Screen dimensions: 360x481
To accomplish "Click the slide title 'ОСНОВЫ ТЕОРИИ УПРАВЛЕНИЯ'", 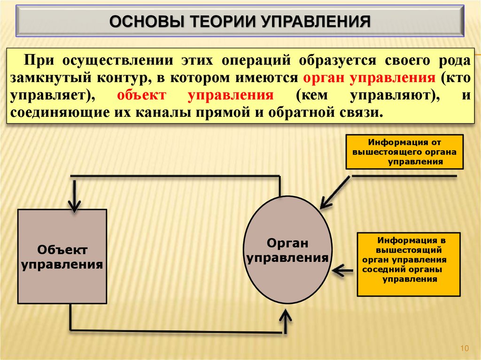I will [x=240, y=22].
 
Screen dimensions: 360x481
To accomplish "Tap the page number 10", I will [x=465, y=348].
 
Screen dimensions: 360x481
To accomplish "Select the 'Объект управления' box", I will [x=62, y=256].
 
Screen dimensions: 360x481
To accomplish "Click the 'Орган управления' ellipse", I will [x=287, y=250].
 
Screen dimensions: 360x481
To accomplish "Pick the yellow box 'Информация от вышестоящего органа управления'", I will [x=404, y=152].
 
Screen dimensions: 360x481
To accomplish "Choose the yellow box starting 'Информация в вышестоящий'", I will [x=408, y=264].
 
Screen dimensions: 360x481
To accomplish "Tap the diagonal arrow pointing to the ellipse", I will [x=334, y=192].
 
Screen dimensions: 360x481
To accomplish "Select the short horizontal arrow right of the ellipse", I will [x=342, y=270].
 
